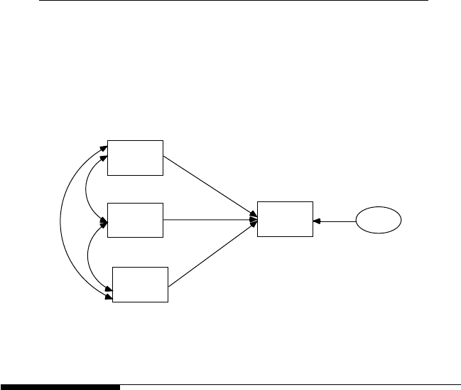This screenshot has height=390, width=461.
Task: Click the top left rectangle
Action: click(x=135, y=157)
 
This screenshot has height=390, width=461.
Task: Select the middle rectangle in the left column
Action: click(x=135, y=220)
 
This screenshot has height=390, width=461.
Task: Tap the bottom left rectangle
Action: click(x=141, y=285)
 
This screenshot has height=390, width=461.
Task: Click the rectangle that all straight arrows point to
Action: click(x=285, y=219)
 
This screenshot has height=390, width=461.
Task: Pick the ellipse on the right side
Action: click(x=379, y=221)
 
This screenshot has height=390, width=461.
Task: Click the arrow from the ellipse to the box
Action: click(x=337, y=221)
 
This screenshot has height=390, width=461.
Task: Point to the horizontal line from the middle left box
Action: click(x=210, y=220)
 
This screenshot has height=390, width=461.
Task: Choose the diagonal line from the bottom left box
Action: click(x=212, y=254)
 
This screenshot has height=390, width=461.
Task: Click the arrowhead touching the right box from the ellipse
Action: click(x=317, y=221)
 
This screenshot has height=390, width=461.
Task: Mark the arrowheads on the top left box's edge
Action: click(x=103, y=149)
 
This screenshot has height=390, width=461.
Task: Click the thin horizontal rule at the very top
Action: click(x=234, y=1)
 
